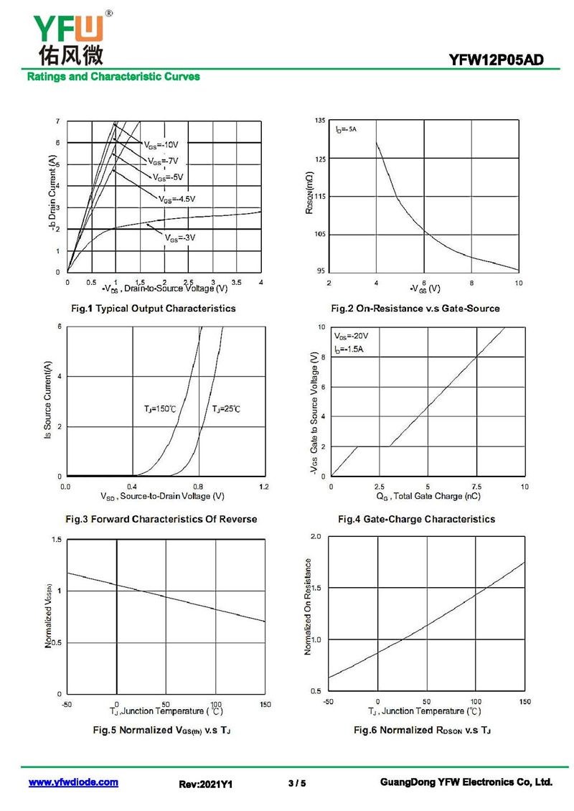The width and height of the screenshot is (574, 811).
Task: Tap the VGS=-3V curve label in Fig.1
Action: point(180,238)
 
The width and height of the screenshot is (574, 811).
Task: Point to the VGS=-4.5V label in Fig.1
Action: point(177,199)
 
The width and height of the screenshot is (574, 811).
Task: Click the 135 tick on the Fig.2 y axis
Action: point(320,121)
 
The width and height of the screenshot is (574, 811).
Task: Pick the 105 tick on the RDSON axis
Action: point(320,234)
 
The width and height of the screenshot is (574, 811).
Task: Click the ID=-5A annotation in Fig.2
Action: point(346,129)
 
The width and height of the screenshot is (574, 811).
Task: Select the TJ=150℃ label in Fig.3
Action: point(160,409)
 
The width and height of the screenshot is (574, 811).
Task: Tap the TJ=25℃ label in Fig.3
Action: point(226,409)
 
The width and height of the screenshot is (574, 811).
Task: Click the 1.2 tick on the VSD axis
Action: point(263,487)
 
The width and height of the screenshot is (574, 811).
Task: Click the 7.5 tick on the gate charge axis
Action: point(476,487)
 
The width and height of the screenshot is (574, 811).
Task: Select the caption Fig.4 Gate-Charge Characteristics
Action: point(416,519)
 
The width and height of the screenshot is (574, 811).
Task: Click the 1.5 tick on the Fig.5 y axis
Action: point(56,540)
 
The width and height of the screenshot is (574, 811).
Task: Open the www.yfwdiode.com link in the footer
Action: point(73,782)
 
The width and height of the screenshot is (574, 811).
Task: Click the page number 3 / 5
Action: point(296,784)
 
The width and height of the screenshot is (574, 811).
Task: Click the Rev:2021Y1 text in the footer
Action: point(206,784)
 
